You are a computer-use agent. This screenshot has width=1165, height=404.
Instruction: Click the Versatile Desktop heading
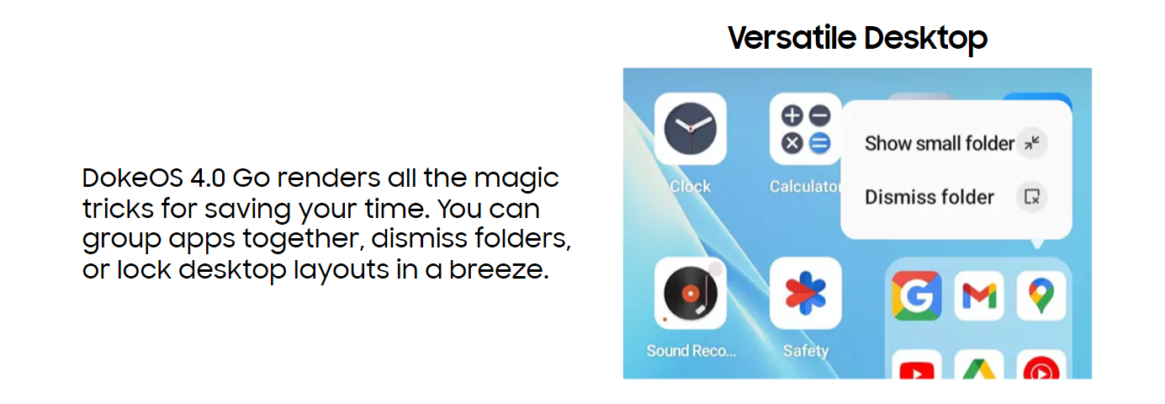point(857,38)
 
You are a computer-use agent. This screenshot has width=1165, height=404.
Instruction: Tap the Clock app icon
point(690,129)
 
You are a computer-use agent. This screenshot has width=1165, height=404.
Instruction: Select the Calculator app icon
point(805,129)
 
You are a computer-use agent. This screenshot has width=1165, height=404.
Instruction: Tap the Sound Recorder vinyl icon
point(690,293)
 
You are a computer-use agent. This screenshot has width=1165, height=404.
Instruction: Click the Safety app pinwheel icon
point(805,293)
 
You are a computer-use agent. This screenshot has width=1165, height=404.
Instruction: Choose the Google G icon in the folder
point(916,295)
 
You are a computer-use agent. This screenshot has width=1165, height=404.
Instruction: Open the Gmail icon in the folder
point(979,295)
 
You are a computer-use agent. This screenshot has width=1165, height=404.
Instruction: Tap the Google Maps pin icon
point(1041,295)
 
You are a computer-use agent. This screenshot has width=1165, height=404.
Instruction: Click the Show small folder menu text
point(940,143)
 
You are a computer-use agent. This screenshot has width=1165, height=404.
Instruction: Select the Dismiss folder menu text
point(929,197)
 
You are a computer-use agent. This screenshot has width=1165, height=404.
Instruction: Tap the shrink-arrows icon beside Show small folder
point(1032,142)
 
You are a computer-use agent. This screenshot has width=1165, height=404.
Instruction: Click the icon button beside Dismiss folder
point(1032,197)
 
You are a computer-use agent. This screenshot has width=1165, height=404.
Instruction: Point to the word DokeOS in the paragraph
point(133,178)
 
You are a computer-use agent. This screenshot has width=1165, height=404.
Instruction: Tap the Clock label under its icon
point(690,186)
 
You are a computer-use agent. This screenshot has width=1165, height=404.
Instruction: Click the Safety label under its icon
point(806,351)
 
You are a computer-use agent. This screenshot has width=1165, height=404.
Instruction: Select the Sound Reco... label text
point(691,350)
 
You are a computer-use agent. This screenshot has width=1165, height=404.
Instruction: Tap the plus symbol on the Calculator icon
point(792,115)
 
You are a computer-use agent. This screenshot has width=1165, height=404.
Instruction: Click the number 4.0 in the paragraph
point(208,178)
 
